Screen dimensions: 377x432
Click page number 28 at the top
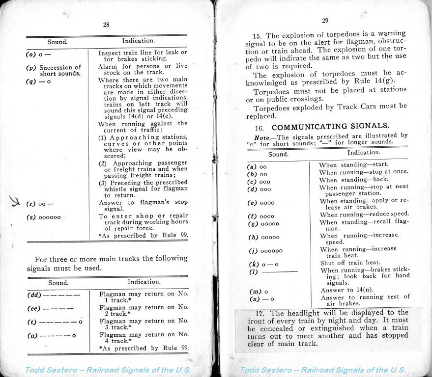pyautogui.click(x=106, y=25)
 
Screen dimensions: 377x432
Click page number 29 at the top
pyautogui.click(x=325, y=20)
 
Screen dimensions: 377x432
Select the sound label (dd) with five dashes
pyautogui.click(x=54, y=296)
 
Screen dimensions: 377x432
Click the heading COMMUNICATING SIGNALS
pyautogui.click(x=330, y=126)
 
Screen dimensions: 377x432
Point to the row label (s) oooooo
pyautogui.click(x=44, y=217)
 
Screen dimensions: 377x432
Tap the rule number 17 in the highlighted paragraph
pyautogui.click(x=260, y=313)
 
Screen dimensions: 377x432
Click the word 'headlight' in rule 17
pyautogui.click(x=307, y=313)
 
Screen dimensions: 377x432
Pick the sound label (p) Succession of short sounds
pyautogui.click(x=54, y=70)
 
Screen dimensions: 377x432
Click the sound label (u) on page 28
pyautogui.click(x=52, y=336)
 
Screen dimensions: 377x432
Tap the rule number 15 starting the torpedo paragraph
pyautogui.click(x=257, y=36)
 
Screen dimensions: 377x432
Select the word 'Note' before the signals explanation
pyautogui.click(x=263, y=135)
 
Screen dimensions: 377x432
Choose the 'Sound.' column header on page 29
pyautogui.click(x=278, y=154)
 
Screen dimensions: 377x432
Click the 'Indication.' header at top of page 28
pyautogui.click(x=138, y=41)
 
